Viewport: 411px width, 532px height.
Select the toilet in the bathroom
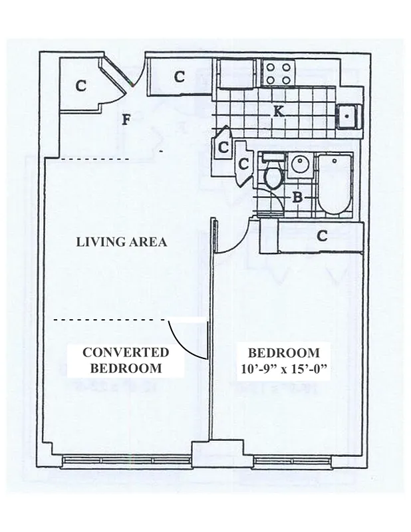pyautogui.click(x=273, y=175)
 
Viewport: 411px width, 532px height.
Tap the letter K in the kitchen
pyautogui.click(x=279, y=112)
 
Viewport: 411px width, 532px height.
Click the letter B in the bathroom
pyautogui.click(x=299, y=197)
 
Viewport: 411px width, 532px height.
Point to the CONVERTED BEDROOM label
pyautogui.click(x=125, y=360)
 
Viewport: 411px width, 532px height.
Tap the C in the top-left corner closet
pyautogui.click(x=80, y=85)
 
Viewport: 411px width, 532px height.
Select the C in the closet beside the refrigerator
pyautogui.click(x=179, y=77)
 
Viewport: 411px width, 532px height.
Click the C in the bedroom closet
pyautogui.click(x=322, y=235)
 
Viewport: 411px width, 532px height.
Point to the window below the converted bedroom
pyautogui.click(x=127, y=460)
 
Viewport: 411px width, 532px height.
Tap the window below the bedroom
pyautogui.click(x=292, y=460)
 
